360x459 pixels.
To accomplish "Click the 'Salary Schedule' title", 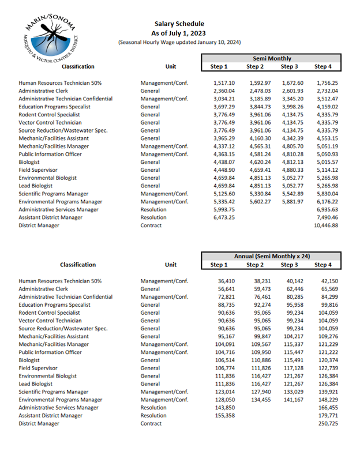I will (x=179, y=24).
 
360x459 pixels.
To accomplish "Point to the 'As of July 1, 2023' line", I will (x=179, y=33).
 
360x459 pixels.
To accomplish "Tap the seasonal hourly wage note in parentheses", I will (x=179, y=42).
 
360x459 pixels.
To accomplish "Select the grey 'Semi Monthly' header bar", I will (x=272, y=58).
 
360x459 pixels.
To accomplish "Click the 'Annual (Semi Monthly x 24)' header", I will (x=272, y=255).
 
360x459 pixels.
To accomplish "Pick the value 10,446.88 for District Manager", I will (x=327, y=225).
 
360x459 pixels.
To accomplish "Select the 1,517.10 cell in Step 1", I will (x=224, y=83).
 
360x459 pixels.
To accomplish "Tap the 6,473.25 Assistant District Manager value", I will (x=224, y=217).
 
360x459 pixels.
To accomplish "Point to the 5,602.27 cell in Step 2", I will (x=258, y=202).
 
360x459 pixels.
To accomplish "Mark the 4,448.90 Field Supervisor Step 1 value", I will (x=224, y=170).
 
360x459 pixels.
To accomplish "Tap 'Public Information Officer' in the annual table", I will (x=50, y=352).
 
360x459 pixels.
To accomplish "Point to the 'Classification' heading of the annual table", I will (x=78, y=265).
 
